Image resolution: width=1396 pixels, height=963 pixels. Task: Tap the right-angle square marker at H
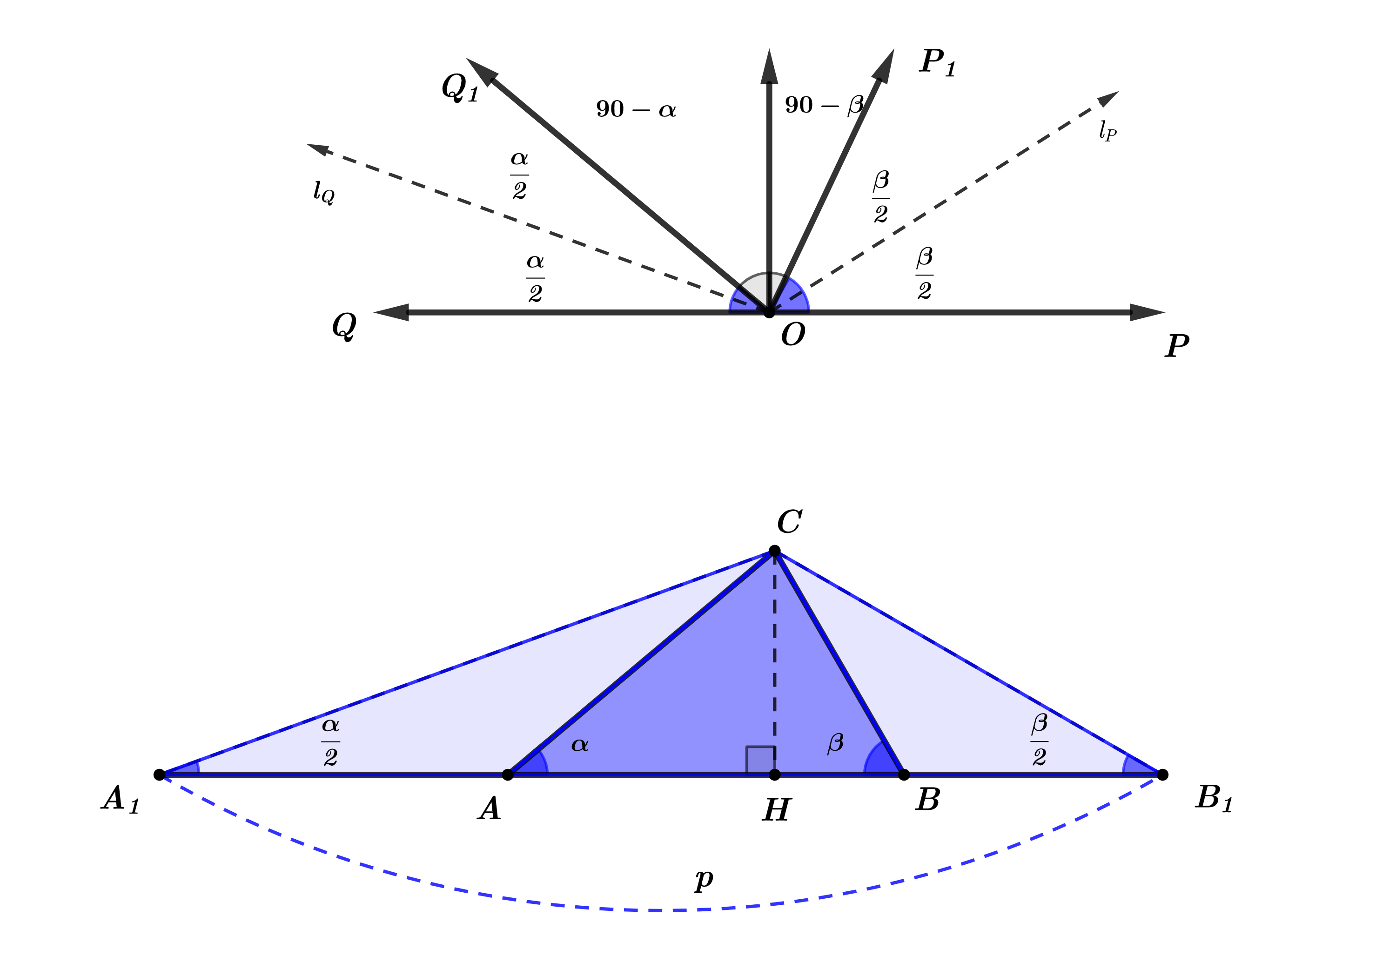pos(760,760)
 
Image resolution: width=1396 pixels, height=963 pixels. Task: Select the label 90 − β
pos(825,106)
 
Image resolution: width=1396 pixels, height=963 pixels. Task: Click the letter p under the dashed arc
pos(704,880)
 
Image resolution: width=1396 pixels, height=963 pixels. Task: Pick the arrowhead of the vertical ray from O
pos(769,67)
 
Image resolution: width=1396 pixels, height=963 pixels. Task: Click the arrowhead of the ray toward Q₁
pos(482,71)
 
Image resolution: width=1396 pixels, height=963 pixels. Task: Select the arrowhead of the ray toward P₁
pos(885,67)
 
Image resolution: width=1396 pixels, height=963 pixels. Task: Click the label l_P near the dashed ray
pos(1107,130)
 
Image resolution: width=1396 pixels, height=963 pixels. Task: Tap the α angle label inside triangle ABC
pos(580,745)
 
